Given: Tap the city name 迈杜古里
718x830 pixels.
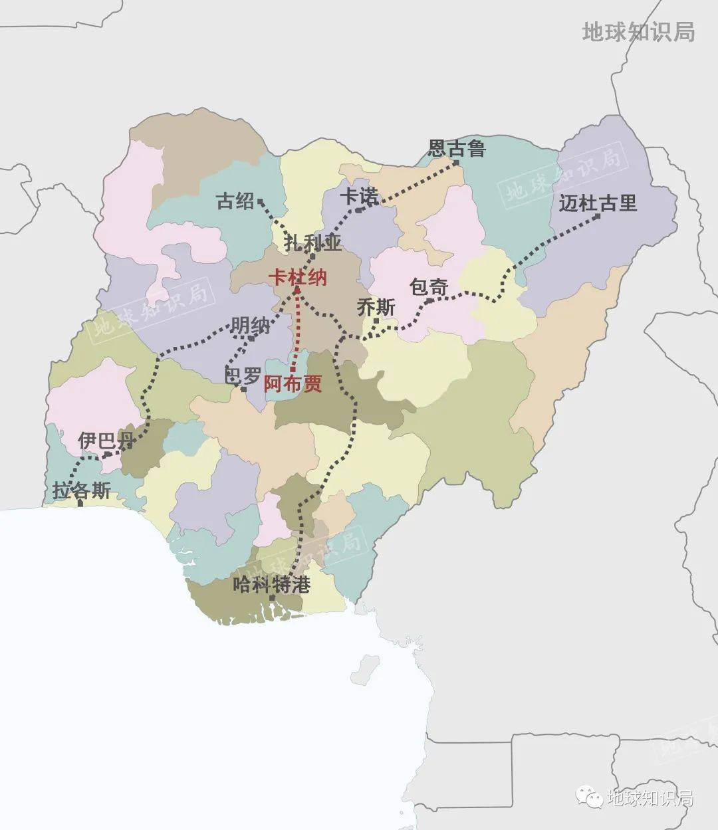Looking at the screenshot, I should click(597, 203).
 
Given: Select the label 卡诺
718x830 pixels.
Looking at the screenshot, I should click(359, 196).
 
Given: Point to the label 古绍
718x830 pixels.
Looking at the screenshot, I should click(235, 201).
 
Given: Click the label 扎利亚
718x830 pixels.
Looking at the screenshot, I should click(312, 243).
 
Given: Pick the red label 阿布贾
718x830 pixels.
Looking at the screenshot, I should click(293, 383).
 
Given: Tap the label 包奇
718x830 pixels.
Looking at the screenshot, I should click(428, 287).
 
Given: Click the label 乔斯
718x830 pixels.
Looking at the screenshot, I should click(376, 307).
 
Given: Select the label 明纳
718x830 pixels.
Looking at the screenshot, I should click(251, 326).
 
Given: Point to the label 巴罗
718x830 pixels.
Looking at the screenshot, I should click(243, 376).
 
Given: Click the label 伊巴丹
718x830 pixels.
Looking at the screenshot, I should click(106, 440).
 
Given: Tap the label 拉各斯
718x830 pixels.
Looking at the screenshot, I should click(81, 491).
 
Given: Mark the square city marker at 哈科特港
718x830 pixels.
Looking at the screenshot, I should click(272, 599).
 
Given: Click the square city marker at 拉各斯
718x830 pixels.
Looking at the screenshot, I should click(80, 504).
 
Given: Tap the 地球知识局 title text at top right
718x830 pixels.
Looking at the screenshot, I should click(638, 31).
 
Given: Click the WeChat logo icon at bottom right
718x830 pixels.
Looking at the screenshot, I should click(588, 795).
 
